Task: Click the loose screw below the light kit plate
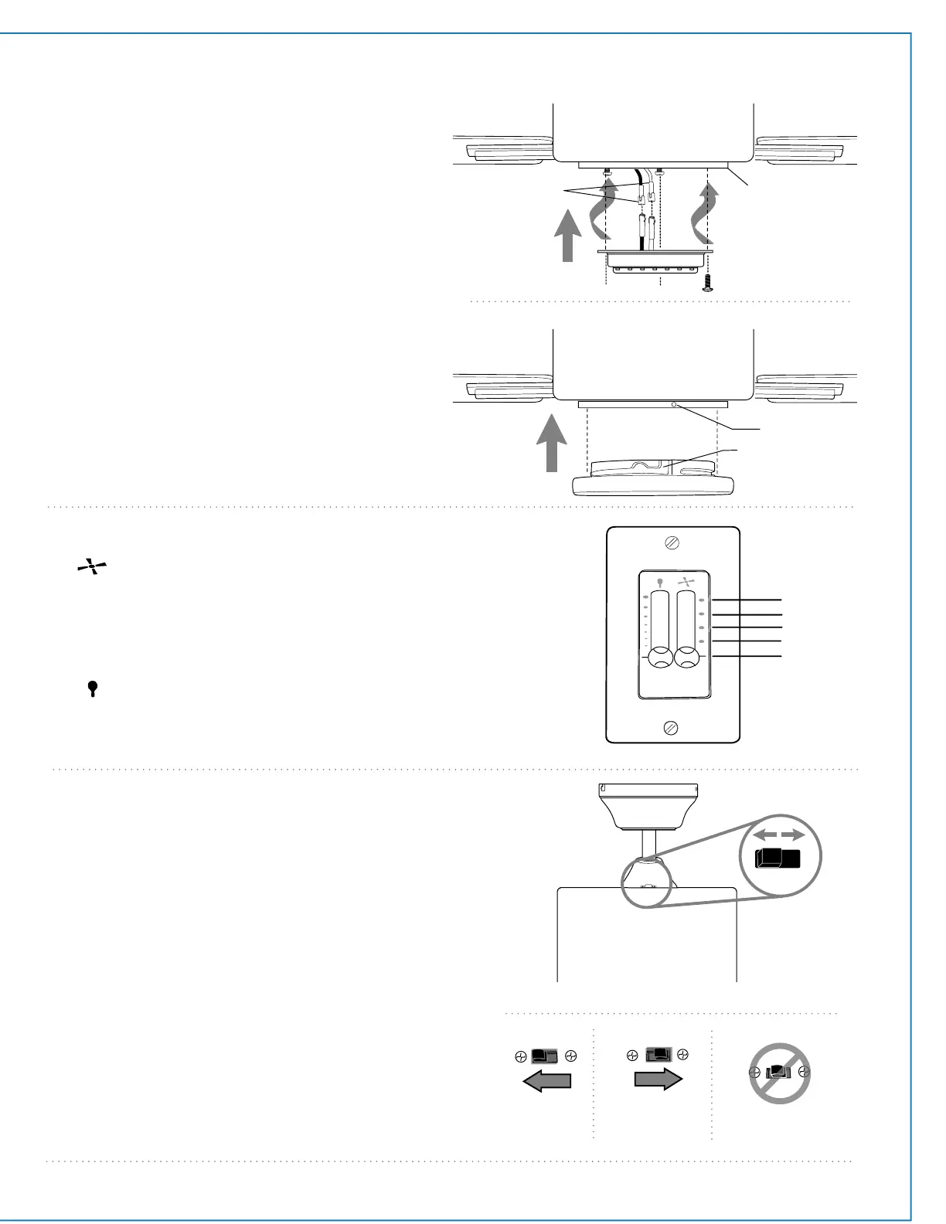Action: tap(707, 284)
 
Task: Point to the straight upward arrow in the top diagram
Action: tap(568, 240)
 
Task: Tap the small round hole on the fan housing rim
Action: tap(675, 404)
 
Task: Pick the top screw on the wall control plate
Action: tap(672, 543)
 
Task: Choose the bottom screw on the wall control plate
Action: tap(672, 727)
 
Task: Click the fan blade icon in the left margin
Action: tap(90, 569)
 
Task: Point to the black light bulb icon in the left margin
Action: tap(93, 688)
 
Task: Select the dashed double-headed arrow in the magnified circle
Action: tap(779, 835)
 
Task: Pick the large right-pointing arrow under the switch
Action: tap(658, 1079)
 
